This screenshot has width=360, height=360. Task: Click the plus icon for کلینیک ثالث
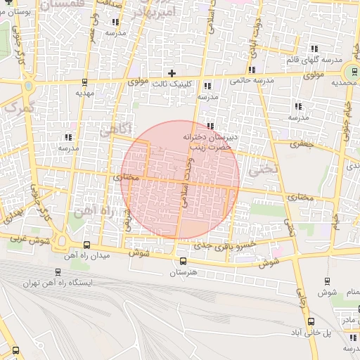pyautogui.click(x=172, y=73)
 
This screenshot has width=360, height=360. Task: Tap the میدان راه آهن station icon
pyautogui.click(x=86, y=245)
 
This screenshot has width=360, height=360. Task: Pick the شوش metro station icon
pyautogui.click(x=327, y=281)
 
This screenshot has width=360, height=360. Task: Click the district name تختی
pyautogui.click(x=267, y=169)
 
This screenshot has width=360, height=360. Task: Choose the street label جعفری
pyautogui.click(x=306, y=143)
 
